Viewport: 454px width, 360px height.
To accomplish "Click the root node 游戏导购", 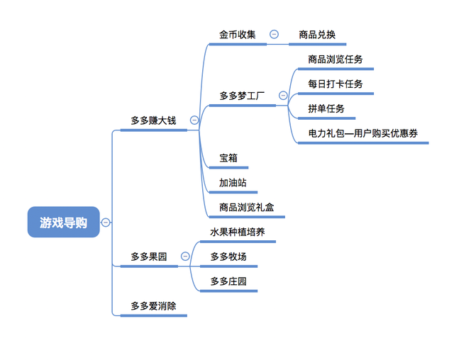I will (64, 222).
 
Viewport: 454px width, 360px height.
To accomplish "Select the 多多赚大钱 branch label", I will (153, 120).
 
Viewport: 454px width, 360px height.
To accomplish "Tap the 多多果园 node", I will (148, 257).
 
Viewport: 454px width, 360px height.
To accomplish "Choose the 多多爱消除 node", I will (153, 306).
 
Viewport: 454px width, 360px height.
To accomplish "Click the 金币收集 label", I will (238, 34).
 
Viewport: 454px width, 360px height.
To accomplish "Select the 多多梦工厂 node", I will (242, 95).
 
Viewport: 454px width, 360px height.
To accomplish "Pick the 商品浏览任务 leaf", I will (336, 60).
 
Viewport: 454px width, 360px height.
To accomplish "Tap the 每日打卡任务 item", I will (336, 84).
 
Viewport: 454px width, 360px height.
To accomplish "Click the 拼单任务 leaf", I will (326, 108).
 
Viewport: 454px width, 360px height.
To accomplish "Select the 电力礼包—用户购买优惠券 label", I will (362, 133).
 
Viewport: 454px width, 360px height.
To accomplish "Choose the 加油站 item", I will (233, 183).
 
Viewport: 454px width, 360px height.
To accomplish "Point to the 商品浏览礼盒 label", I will (246, 208).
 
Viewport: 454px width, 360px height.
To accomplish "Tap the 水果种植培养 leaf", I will (238, 232).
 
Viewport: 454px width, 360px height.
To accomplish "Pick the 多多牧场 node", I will (228, 257).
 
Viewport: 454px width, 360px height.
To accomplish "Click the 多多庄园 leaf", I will (228, 281).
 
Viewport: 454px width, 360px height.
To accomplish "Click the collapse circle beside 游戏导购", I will (106, 222).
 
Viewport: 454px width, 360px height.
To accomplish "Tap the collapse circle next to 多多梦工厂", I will (283, 95).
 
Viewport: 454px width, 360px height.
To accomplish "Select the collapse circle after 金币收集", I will (274, 34).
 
